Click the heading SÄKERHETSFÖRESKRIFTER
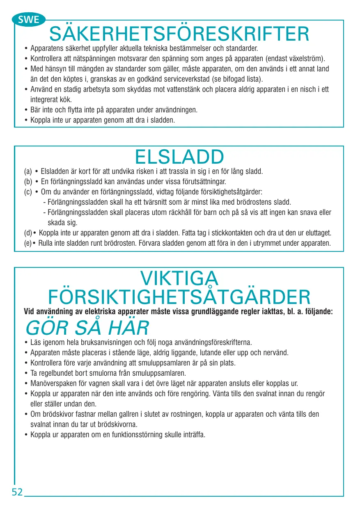point(179,34)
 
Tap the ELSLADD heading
point(179,157)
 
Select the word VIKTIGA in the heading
point(179,278)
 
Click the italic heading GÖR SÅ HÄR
point(87,328)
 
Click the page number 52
point(17,492)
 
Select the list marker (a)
point(28,171)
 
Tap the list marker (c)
point(28,192)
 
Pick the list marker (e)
point(28,244)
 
